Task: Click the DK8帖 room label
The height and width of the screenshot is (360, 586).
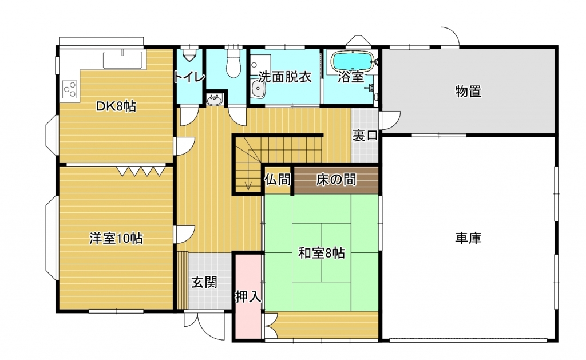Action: [x=116, y=106]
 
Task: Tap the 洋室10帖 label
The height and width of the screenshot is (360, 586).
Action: [x=116, y=238]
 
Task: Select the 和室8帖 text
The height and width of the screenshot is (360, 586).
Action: [x=322, y=253]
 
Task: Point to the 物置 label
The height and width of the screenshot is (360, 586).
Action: [x=468, y=91]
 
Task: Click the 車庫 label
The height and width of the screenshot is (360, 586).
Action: [x=468, y=238]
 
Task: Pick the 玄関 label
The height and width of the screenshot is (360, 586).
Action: [x=204, y=282]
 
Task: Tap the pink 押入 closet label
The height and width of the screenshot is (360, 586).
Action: [x=248, y=297]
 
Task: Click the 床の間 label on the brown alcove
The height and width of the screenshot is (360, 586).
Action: [x=336, y=180]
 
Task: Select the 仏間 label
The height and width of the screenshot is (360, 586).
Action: [x=278, y=180]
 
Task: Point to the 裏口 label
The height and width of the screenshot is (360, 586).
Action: [x=365, y=135]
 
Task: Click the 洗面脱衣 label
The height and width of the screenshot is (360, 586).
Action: [x=285, y=77]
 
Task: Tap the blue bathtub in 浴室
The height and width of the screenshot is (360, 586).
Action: [x=353, y=61]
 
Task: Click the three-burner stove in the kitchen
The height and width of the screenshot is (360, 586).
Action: [x=70, y=89]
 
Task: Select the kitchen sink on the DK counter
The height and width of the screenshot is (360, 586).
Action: [x=122, y=60]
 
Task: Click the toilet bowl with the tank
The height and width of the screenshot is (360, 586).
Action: [x=234, y=62]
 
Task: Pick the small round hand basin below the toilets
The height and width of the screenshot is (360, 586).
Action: [x=214, y=100]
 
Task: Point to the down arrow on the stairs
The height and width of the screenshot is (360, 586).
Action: [x=248, y=185]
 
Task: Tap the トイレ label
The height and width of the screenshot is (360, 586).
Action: [x=189, y=77]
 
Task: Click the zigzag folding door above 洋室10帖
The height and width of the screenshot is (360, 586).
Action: [x=141, y=171]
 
